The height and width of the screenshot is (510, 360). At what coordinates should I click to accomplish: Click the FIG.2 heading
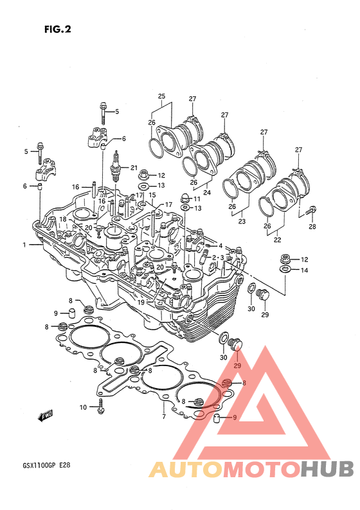tap(58, 30)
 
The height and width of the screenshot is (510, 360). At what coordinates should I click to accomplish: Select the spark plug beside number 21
tap(116, 166)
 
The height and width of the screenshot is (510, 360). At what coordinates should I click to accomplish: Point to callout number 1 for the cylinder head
tap(24, 245)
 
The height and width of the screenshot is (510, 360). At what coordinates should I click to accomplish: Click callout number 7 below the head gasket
tap(164, 416)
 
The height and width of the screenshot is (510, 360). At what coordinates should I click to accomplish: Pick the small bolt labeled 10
tap(100, 407)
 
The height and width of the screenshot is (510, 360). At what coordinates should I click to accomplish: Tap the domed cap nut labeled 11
tap(184, 198)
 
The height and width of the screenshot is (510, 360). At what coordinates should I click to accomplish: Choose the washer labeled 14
tap(285, 269)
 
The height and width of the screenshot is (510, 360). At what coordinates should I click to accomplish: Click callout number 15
tap(152, 195)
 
